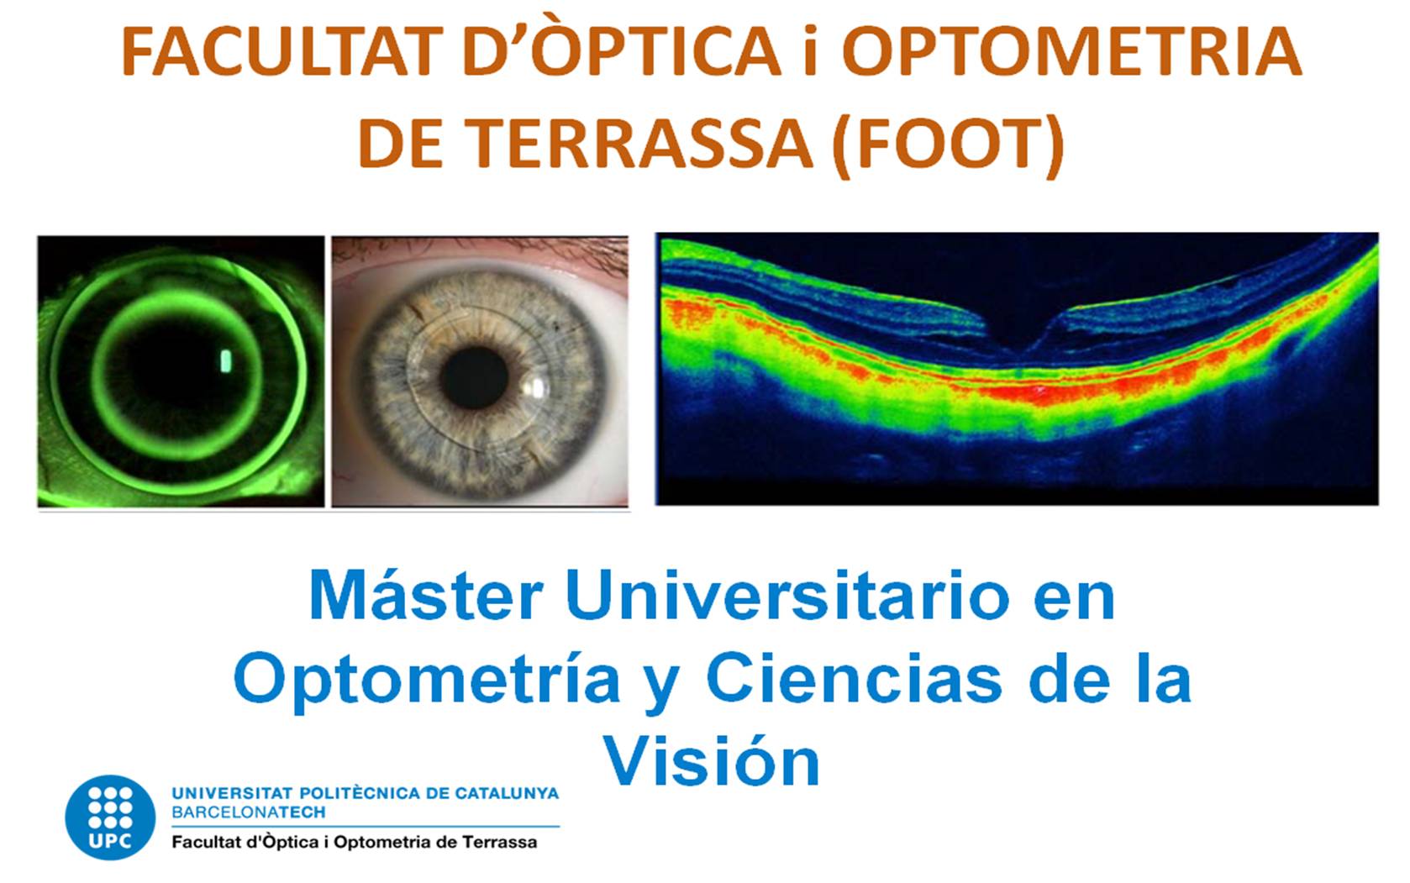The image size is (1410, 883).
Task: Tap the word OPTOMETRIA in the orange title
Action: click(1071, 51)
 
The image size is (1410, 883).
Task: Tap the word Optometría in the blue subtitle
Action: click(428, 682)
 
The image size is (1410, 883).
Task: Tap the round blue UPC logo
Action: click(110, 817)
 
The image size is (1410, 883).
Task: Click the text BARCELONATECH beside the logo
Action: click(249, 812)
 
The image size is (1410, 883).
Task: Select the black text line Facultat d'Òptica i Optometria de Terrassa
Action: click(355, 842)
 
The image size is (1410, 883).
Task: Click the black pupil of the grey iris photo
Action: click(474, 377)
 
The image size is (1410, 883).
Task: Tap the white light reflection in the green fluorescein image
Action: click(226, 360)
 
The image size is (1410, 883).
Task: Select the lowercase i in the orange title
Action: click(811, 51)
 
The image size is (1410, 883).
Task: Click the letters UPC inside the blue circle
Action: click(109, 841)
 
